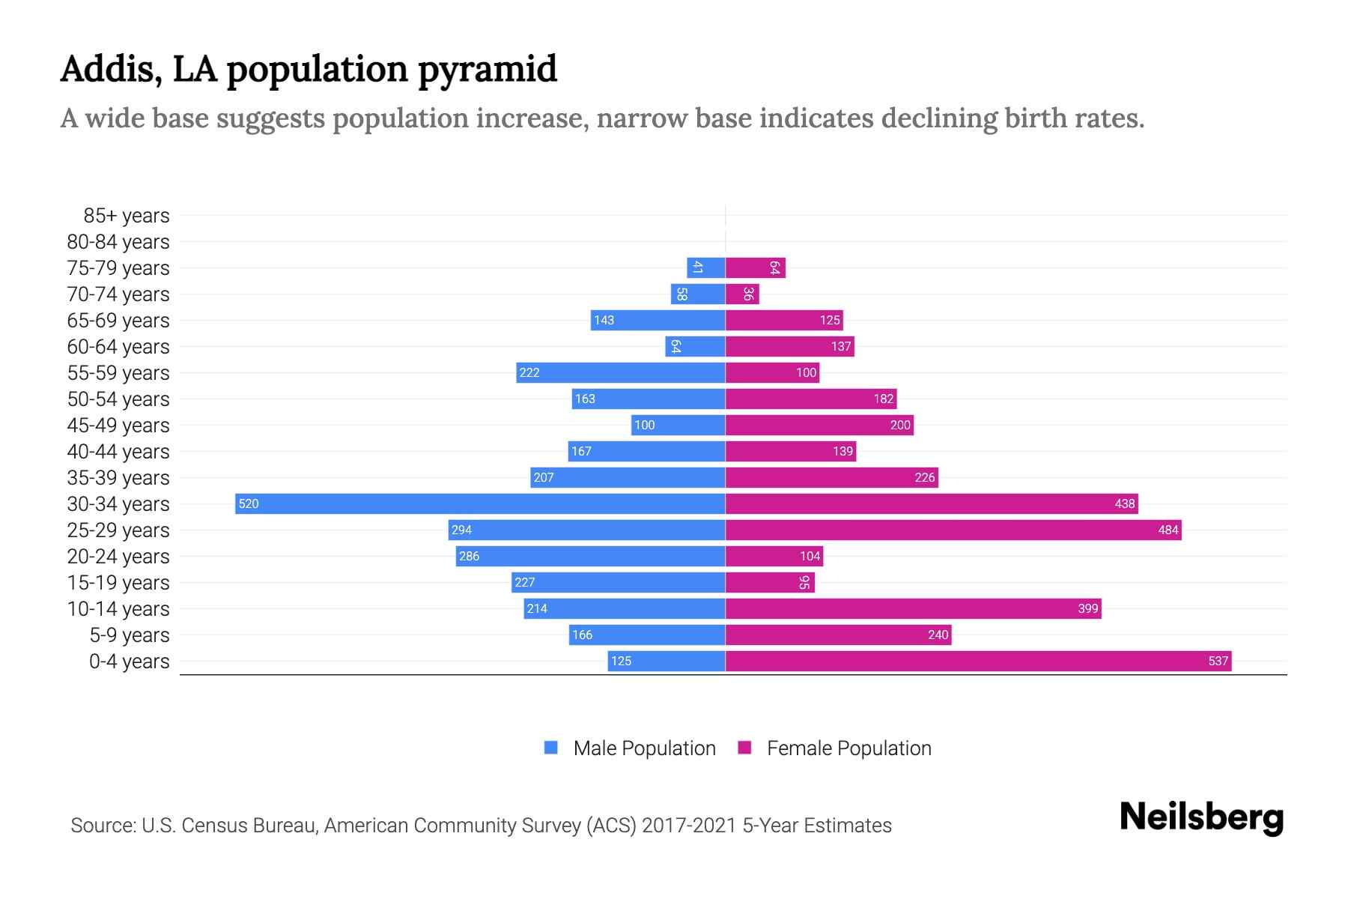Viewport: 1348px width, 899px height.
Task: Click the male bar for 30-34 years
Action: pos(479,503)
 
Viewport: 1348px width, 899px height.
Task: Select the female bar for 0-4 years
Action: pos(978,661)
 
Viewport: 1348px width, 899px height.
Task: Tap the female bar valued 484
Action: pos(953,530)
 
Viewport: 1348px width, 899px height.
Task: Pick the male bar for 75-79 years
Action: pos(705,267)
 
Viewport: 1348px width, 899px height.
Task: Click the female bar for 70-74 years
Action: pos(742,294)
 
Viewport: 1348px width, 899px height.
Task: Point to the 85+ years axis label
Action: pos(126,216)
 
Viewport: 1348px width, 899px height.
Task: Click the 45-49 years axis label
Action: pos(118,426)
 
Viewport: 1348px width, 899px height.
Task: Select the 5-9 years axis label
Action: pos(129,635)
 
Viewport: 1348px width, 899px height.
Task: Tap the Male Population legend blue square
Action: pos(551,748)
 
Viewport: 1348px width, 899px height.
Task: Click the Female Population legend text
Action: pos(848,748)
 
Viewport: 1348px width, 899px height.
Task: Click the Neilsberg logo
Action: pos(1201,817)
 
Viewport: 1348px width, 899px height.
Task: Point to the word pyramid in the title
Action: pos(487,70)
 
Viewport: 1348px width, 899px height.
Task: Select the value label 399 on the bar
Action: pos(1087,608)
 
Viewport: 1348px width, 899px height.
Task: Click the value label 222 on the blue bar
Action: pos(529,372)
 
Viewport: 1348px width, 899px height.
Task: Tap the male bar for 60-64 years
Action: pos(695,346)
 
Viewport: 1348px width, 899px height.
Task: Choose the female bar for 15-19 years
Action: pos(770,582)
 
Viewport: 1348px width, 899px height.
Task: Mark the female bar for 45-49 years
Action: pos(819,425)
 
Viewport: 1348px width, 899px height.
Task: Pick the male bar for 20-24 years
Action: pos(590,556)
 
